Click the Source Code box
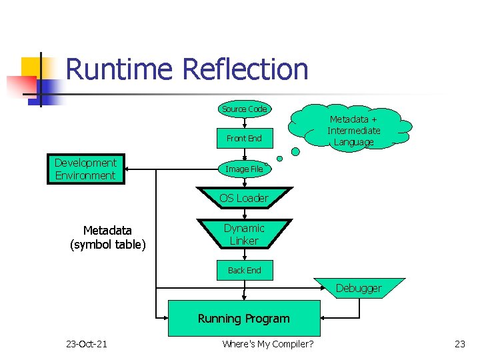pyautogui.click(x=244, y=109)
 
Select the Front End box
pyautogui.click(x=244, y=139)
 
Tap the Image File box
pyautogui.click(x=244, y=169)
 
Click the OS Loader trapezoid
pyautogui.click(x=244, y=198)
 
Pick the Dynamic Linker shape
pyautogui.click(x=244, y=235)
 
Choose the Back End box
pyautogui.click(x=244, y=270)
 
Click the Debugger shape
pyautogui.click(x=359, y=288)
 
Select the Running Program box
pyautogui.click(x=244, y=319)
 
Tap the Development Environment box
pyautogui.click(x=85, y=169)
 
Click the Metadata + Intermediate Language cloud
pyautogui.click(x=353, y=131)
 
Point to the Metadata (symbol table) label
pyautogui.click(x=107, y=237)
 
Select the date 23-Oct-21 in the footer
pyautogui.click(x=87, y=344)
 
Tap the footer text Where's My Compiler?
pyautogui.click(x=268, y=344)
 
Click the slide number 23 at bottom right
pyautogui.click(x=459, y=344)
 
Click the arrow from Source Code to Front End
pyautogui.click(x=244, y=121)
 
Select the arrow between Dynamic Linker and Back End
pyautogui.click(x=244, y=254)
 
